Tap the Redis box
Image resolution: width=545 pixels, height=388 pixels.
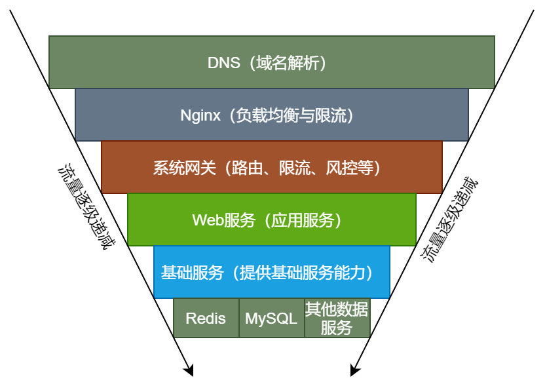pos(206,319)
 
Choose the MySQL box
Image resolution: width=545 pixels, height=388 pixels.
pos(271,319)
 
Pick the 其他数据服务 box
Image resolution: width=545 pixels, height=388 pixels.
pos(337,318)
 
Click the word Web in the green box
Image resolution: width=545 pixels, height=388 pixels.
pos(208,220)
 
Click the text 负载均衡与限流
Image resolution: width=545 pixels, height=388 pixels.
pos(291,115)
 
